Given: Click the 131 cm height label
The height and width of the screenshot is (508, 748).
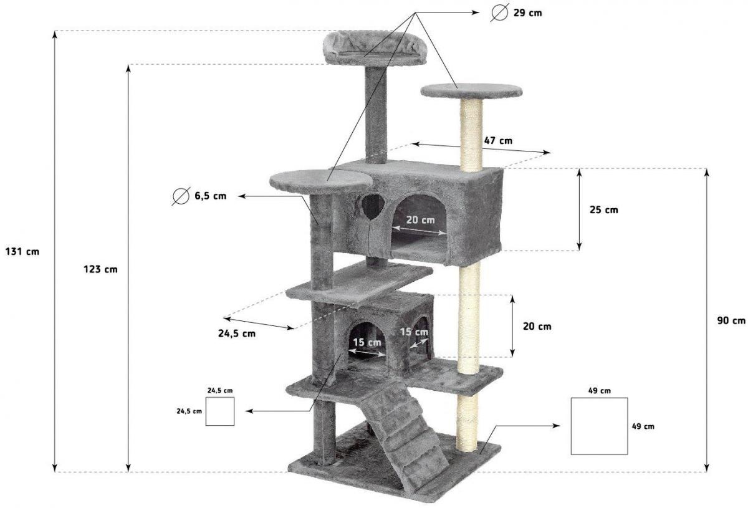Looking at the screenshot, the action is (22, 251).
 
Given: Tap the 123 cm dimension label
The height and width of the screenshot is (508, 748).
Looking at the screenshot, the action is (100, 269).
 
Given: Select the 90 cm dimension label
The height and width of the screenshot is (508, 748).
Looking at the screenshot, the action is (731, 320).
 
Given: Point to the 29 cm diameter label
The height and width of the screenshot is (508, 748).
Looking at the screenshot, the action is (527, 13).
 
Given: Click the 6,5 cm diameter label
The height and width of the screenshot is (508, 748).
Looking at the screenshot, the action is (211, 196).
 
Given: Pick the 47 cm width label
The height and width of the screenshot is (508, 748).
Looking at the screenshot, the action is (498, 141).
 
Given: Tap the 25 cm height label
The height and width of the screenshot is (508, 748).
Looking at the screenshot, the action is (604, 210).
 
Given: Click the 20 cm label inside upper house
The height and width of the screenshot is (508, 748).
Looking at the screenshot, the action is (420, 220).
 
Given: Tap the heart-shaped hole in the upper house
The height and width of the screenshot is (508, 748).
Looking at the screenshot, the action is (373, 206).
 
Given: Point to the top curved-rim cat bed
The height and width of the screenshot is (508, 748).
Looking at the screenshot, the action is (375, 48).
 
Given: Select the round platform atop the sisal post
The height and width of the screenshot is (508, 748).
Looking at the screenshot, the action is (471, 91).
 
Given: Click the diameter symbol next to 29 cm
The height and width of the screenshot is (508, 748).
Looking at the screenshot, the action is (499, 12).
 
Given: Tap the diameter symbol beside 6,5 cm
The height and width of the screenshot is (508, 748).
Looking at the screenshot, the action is (181, 196).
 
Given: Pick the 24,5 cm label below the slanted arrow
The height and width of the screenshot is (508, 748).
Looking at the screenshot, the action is (237, 333).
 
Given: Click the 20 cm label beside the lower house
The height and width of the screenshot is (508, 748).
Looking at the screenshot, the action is (537, 327).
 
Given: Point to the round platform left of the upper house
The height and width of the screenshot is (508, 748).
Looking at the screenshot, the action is (321, 182).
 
